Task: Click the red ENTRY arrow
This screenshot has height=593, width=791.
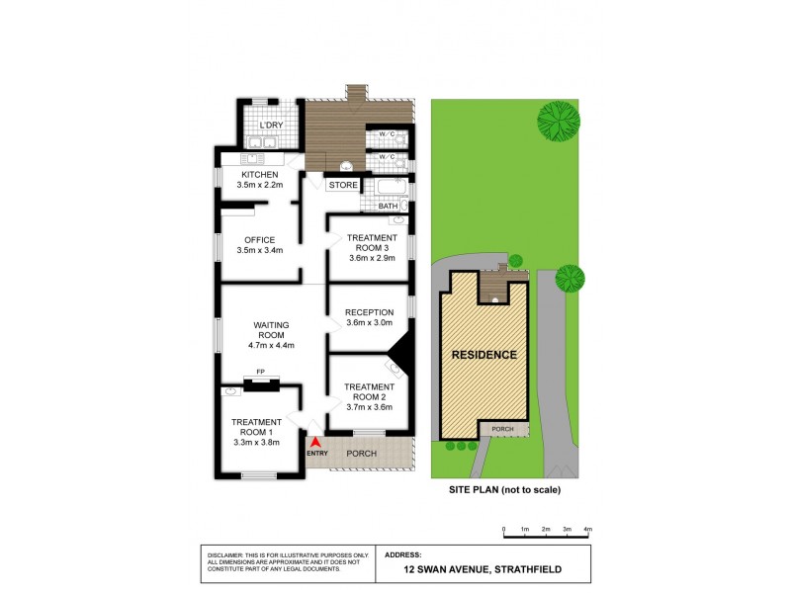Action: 315,443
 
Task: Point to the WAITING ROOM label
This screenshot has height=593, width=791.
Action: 269,328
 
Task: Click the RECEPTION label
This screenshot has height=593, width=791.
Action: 369,312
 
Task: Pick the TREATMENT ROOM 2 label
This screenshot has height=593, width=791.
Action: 368,391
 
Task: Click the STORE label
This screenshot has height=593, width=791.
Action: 343,185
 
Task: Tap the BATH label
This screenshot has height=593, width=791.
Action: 401,207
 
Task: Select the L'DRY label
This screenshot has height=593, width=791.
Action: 271,127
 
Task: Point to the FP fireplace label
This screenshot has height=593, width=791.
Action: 260,372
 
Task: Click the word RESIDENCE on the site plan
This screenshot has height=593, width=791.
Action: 484,355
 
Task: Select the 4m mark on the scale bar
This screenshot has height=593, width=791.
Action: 587,531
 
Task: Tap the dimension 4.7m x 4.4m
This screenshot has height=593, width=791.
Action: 269,345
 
